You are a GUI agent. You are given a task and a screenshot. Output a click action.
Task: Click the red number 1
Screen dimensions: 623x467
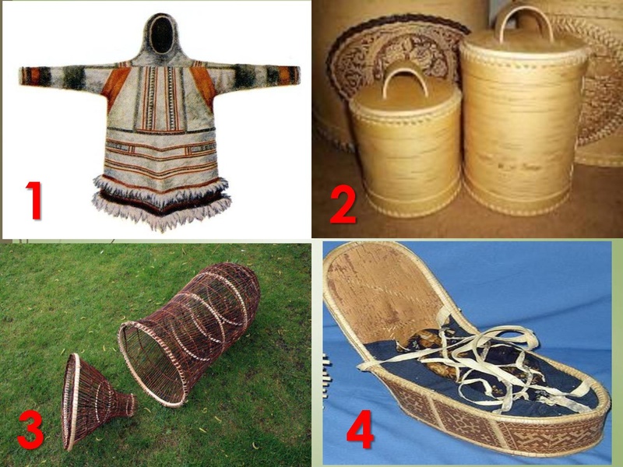pos(33,200)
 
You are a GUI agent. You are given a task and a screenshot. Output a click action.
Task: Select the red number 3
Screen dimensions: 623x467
pos(30,430)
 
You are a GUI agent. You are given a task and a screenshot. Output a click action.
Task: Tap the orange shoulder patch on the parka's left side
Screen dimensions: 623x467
pos(115,84)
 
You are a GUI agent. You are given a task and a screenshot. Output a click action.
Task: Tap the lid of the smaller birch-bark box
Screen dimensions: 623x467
pos(405,100)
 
